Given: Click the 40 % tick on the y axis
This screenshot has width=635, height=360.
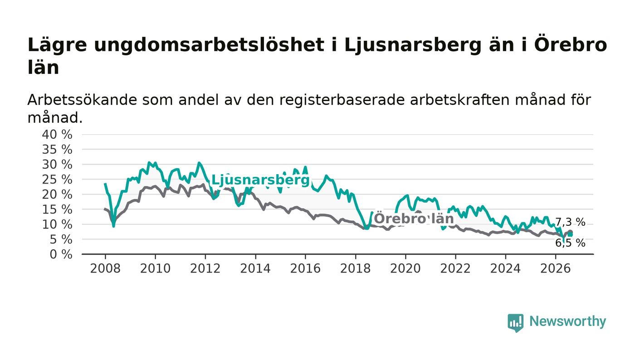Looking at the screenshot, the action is (x=57, y=135).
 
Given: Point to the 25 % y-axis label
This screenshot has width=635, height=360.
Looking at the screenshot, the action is (x=57, y=180).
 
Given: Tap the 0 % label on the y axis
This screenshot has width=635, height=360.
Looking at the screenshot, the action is (x=61, y=254).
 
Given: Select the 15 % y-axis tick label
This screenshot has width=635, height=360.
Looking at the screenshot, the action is (x=57, y=209).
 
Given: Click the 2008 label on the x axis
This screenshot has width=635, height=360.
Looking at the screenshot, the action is (x=105, y=269).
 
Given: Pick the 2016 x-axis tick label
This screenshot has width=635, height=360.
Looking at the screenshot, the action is (x=305, y=269).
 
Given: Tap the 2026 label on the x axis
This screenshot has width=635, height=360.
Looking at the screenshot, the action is (x=555, y=269).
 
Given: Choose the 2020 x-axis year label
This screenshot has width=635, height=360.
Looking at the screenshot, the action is (x=405, y=269).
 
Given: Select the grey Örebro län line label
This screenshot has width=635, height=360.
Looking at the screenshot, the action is (x=414, y=219).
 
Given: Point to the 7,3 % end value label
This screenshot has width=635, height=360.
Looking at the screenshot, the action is (x=570, y=222).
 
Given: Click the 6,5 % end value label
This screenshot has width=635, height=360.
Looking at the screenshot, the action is (x=570, y=243).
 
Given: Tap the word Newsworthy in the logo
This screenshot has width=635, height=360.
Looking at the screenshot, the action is (x=567, y=321).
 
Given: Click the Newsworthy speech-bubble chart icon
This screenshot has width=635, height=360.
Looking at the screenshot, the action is (x=515, y=323).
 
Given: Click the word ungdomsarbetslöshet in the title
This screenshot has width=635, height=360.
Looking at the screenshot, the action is (x=209, y=45).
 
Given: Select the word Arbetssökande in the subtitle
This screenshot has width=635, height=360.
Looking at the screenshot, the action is (x=82, y=100).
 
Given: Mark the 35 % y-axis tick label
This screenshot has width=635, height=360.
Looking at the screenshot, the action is (x=57, y=149).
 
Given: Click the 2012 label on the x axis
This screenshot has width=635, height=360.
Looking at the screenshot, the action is (x=205, y=269).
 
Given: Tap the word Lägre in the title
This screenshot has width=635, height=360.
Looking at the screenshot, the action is (x=57, y=45).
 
